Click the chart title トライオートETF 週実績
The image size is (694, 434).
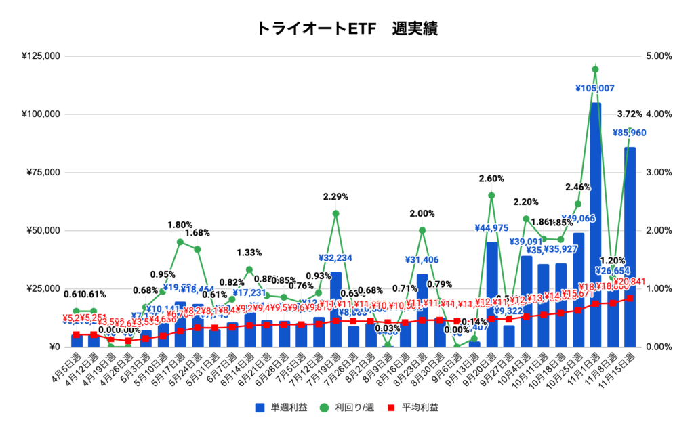click(346, 28)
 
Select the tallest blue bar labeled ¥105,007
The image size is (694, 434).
click(595, 223)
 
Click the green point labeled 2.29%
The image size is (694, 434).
click(335, 213)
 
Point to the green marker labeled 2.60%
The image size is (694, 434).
click(491, 196)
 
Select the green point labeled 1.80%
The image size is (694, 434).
click(180, 242)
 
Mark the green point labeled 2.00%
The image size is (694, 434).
click(422, 230)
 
